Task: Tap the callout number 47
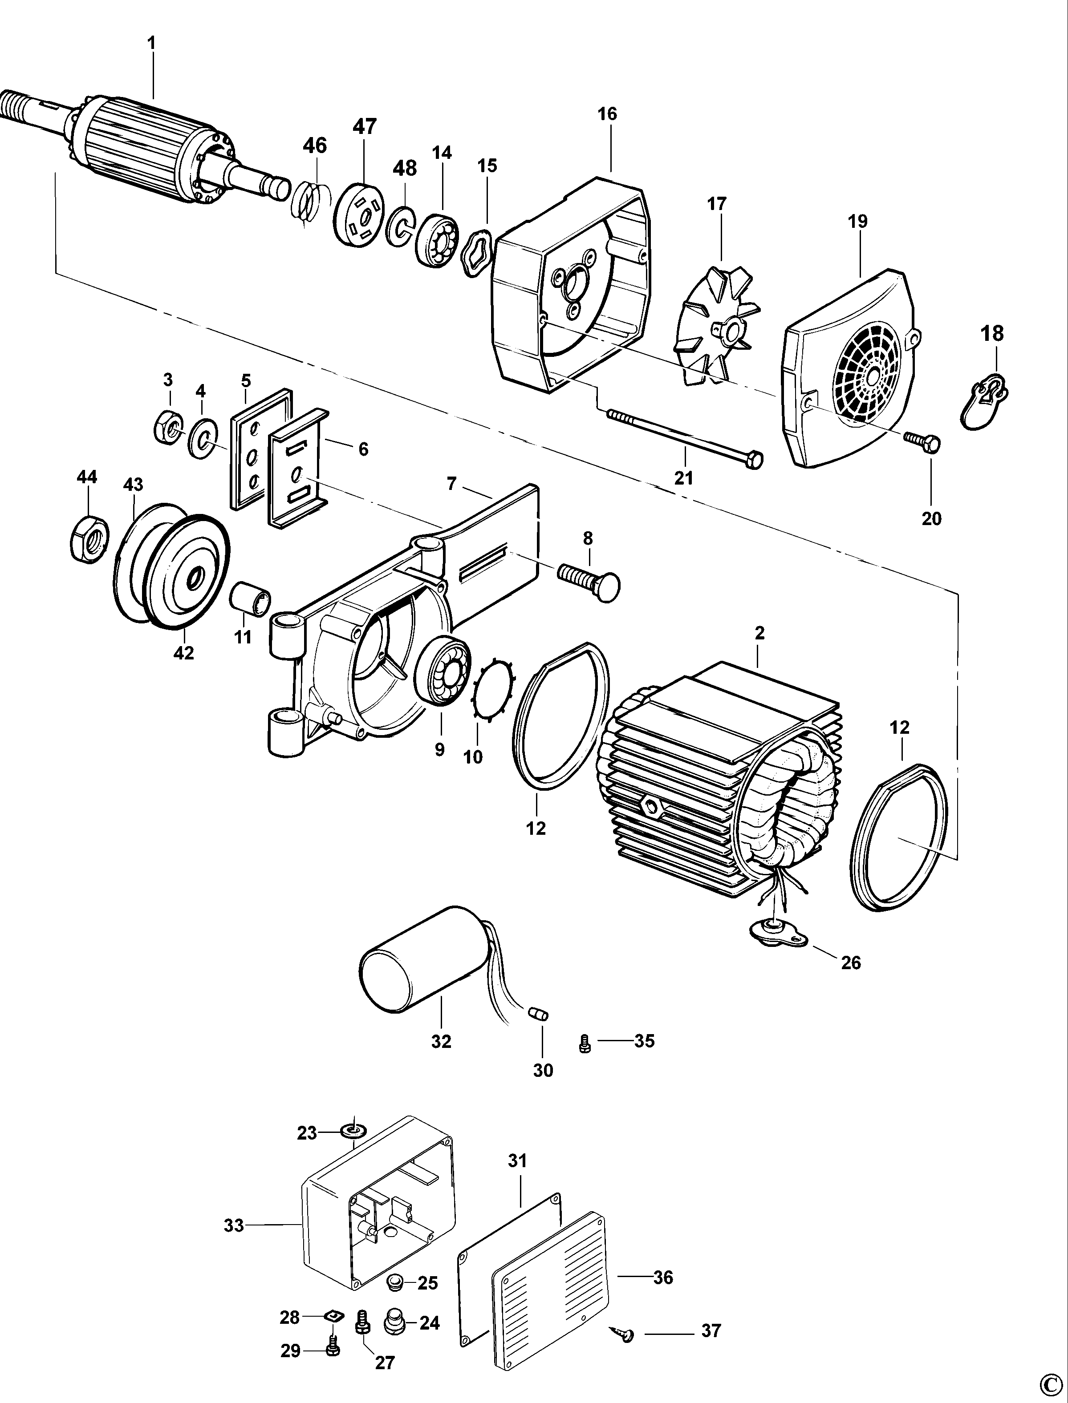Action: (x=365, y=126)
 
